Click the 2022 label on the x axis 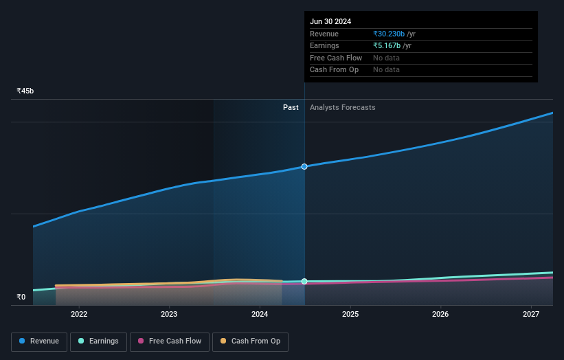coord(79,314)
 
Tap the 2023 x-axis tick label coord(169,314)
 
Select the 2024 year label coord(260,314)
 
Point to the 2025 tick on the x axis coord(350,314)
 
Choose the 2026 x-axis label coord(440,314)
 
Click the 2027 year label coord(531,314)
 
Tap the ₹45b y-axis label coord(25,91)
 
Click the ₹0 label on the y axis coord(21,297)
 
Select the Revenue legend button coord(39,341)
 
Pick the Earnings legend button coord(98,341)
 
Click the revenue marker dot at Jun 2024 coord(304,166)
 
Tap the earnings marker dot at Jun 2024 coord(304,282)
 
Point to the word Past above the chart coord(291,107)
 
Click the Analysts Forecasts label coord(343,107)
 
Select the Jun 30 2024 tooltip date coord(330,21)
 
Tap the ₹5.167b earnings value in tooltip coord(387,45)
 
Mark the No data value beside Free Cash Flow coord(386,58)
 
